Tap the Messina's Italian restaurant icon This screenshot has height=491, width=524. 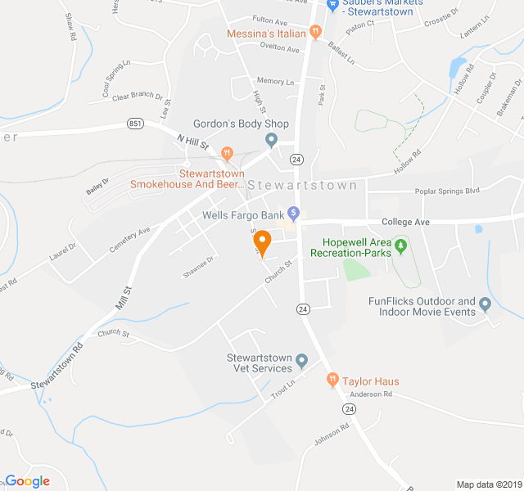314,34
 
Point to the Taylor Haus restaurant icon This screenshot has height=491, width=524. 332,379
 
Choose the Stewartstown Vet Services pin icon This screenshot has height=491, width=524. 301,360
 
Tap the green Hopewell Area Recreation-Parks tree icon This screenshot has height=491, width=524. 400,245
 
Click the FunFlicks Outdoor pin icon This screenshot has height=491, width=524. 485,304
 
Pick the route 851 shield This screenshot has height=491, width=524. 136,124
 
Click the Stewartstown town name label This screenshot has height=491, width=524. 302,186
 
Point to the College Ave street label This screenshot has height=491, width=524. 405,222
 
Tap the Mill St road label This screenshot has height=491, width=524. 124,296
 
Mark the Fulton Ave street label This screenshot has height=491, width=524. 270,20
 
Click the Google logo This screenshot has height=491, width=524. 27,481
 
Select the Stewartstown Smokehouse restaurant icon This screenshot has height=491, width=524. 228,152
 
